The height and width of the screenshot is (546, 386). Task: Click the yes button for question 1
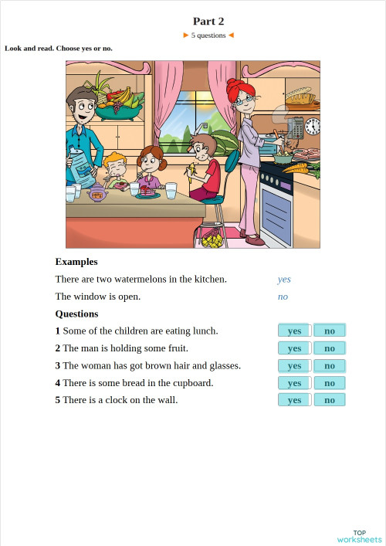point(294,331)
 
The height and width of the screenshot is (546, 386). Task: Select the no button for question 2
point(330,348)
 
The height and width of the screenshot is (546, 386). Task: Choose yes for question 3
point(294,365)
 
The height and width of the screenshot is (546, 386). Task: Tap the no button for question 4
point(330,383)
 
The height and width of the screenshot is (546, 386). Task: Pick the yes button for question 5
point(294,400)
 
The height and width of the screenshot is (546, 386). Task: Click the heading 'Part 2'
point(208,22)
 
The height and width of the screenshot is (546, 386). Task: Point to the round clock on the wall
point(313,127)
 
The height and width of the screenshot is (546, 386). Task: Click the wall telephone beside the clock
point(296,126)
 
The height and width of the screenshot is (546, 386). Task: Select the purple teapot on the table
point(98,192)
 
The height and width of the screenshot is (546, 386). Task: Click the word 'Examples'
point(76,262)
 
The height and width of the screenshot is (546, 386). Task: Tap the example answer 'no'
point(283,297)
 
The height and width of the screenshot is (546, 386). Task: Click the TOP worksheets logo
point(359,536)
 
